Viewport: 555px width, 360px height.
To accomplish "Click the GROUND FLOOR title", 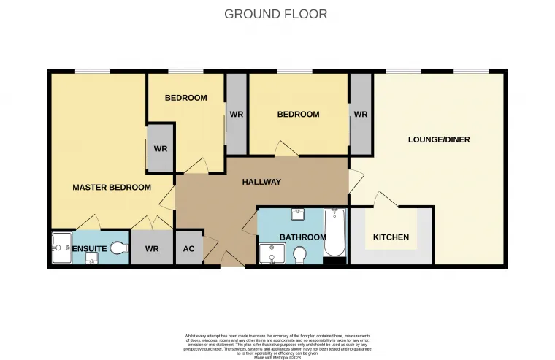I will tap(275, 14).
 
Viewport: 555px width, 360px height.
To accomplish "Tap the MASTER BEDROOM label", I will tap(112, 188).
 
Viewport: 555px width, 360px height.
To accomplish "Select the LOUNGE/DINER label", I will tap(438, 139).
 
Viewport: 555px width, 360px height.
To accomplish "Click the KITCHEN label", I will tap(391, 237).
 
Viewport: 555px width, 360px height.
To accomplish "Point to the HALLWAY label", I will tap(261, 182).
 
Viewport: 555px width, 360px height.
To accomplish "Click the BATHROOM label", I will tap(302, 237).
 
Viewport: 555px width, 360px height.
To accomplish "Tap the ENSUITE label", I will tap(90, 249).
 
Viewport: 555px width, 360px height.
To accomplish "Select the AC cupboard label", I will tap(188, 249).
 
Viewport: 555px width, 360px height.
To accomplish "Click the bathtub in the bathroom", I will tap(334, 232).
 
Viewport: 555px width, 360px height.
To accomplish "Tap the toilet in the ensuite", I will tap(118, 249).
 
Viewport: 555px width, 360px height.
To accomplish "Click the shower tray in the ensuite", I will tap(61, 249).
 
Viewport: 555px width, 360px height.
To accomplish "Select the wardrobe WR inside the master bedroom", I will tap(161, 148).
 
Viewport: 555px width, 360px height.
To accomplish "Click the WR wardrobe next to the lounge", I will tap(361, 115).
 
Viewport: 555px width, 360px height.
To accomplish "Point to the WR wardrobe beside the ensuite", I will tap(152, 249).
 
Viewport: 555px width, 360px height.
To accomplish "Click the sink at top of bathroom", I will tap(298, 214).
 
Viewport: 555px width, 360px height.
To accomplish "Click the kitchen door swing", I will tap(383, 199).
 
